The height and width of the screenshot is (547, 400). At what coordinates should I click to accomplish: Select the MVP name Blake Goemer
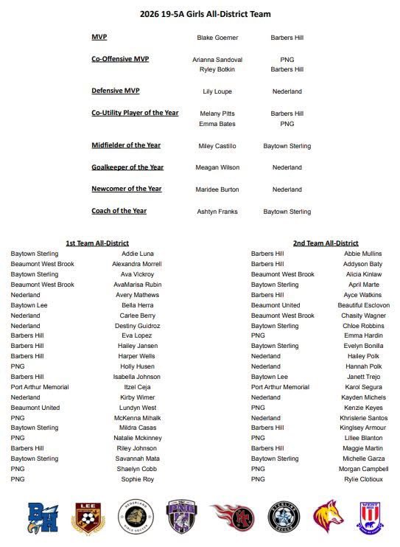tap(217, 38)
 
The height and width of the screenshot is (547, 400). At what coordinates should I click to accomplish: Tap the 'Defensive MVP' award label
tap(116, 91)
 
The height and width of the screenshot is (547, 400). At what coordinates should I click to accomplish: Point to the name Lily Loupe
tap(217, 92)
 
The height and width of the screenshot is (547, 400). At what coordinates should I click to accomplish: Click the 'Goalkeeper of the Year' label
tap(127, 167)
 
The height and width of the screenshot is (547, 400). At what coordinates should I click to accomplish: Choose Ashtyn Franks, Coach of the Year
tap(217, 212)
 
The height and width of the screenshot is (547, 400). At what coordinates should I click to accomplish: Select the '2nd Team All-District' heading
tap(326, 243)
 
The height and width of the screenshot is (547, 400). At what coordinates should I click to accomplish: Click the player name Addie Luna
tap(138, 254)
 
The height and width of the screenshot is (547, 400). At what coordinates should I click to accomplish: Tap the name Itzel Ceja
tap(138, 387)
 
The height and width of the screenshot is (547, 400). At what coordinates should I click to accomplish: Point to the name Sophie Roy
tap(138, 479)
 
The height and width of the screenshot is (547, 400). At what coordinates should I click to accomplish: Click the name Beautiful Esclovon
tap(363, 305)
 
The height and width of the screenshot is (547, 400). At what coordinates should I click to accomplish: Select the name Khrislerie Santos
tap(363, 418)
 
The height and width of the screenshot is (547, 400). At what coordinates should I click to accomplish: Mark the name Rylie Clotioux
tap(363, 479)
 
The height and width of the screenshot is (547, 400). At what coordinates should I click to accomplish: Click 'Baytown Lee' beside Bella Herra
tap(29, 305)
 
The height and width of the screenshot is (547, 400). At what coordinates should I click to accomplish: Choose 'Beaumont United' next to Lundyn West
tap(35, 408)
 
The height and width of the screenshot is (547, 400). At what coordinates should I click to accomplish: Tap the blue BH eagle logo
tap(43, 516)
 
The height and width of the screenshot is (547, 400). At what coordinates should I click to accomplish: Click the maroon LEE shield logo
tap(87, 516)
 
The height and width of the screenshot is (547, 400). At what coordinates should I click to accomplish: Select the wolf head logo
tap(328, 516)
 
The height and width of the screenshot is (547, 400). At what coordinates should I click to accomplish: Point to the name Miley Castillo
tap(217, 146)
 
